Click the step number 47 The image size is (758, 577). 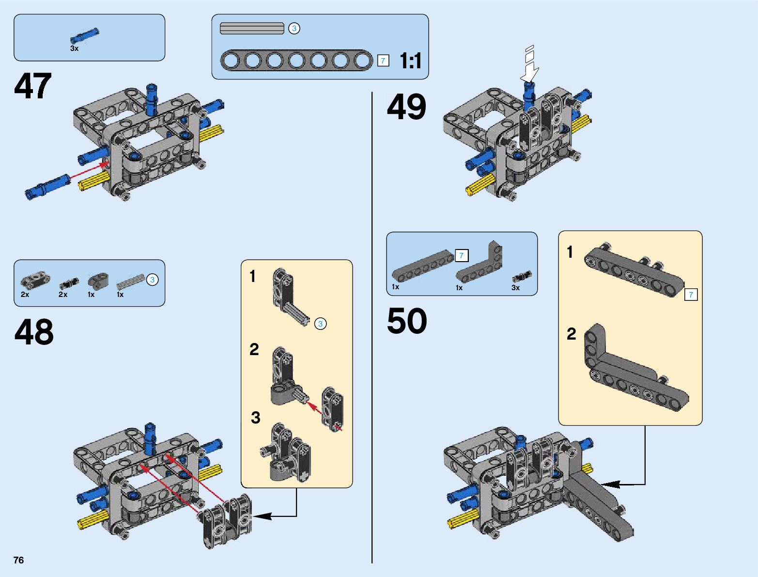(x=33, y=86)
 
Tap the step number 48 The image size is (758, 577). (x=34, y=331)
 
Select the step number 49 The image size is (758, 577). (x=406, y=107)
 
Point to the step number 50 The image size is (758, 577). (x=407, y=321)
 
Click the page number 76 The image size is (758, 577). (x=19, y=560)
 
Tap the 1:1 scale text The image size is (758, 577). (x=411, y=61)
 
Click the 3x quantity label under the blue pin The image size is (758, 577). (x=74, y=48)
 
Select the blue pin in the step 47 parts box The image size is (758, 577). (x=84, y=36)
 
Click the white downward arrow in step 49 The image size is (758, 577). (x=529, y=64)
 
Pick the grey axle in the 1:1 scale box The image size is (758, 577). (x=252, y=28)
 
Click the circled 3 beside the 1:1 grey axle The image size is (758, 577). (x=294, y=28)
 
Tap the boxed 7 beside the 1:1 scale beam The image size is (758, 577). (x=383, y=61)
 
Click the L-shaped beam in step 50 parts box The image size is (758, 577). (x=480, y=263)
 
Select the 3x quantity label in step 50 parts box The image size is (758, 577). (x=515, y=288)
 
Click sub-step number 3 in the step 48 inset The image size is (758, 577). (x=256, y=418)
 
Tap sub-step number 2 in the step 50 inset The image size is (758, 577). (x=571, y=334)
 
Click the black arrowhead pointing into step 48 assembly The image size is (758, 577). (x=263, y=516)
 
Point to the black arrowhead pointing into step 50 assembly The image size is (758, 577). (x=611, y=484)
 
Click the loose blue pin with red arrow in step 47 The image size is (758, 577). (x=47, y=187)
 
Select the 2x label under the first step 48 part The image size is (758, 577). (x=25, y=295)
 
